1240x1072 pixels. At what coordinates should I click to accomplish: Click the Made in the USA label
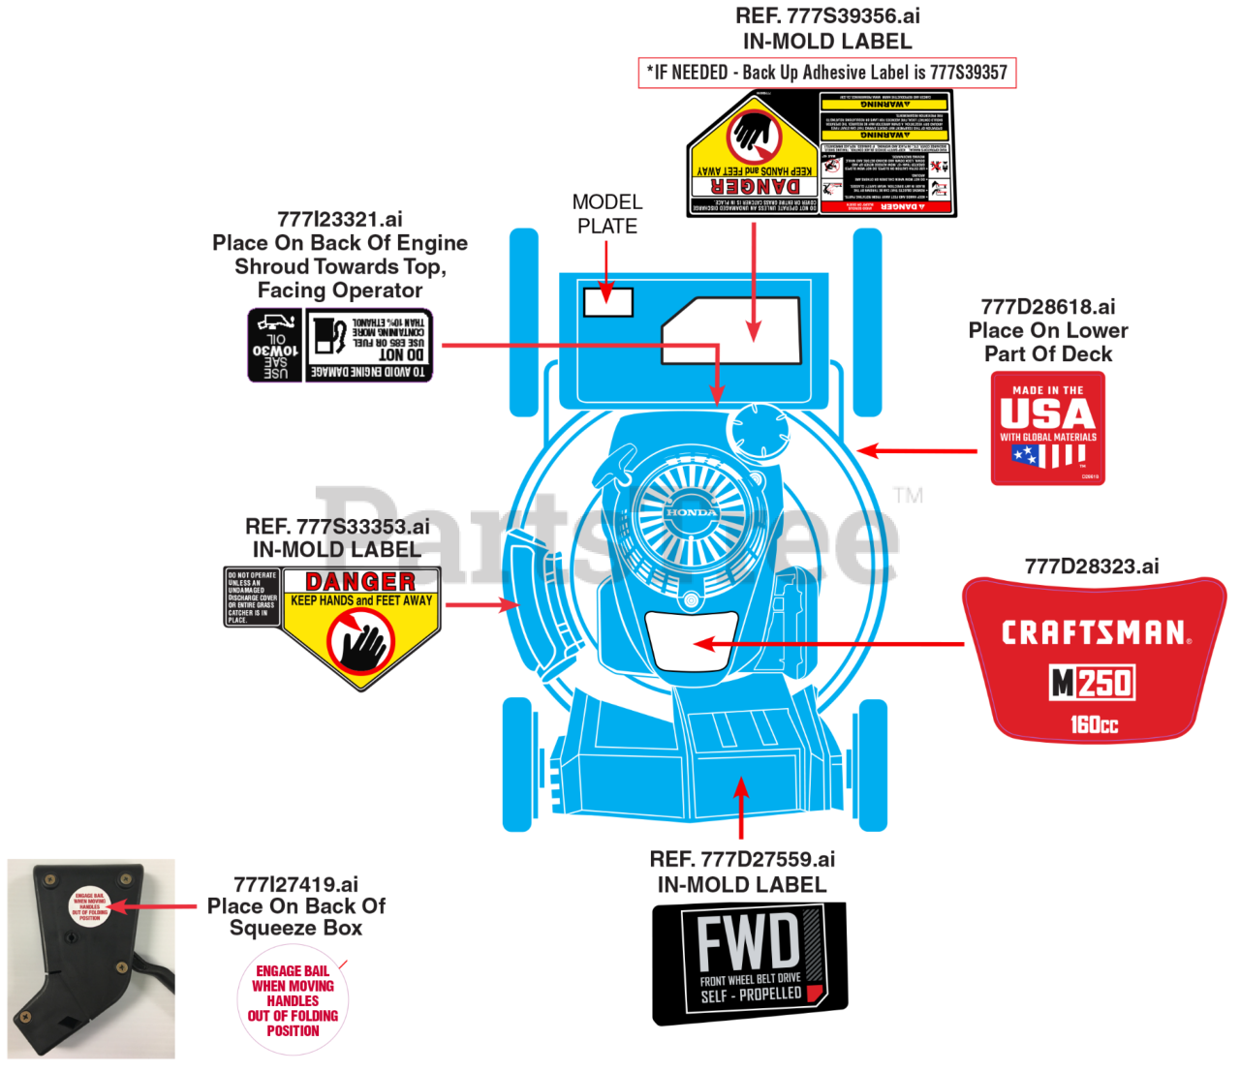[x=1047, y=427]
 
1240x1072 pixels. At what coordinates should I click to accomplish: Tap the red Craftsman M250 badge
[x=1094, y=659]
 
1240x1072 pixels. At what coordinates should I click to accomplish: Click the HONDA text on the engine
[x=691, y=512]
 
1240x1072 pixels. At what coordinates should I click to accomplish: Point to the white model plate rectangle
[x=608, y=302]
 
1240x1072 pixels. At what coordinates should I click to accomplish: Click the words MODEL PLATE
[x=607, y=214]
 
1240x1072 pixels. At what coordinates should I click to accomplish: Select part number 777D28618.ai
[x=1047, y=307]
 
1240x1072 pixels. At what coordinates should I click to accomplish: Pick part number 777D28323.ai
[x=1091, y=567]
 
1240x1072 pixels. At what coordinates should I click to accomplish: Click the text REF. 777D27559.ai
[x=742, y=859]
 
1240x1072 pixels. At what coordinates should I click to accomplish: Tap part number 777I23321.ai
[x=340, y=220]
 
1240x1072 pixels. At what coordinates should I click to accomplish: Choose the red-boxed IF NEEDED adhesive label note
[x=827, y=73]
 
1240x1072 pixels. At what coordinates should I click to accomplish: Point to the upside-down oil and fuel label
[x=340, y=346]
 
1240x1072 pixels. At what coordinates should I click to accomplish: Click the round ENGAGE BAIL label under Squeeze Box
[x=293, y=1000]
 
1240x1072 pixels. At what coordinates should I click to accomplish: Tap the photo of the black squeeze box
[x=91, y=959]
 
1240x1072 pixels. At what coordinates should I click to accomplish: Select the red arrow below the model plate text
[x=606, y=270]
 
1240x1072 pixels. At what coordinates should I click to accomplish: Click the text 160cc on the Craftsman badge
[x=1094, y=724]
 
